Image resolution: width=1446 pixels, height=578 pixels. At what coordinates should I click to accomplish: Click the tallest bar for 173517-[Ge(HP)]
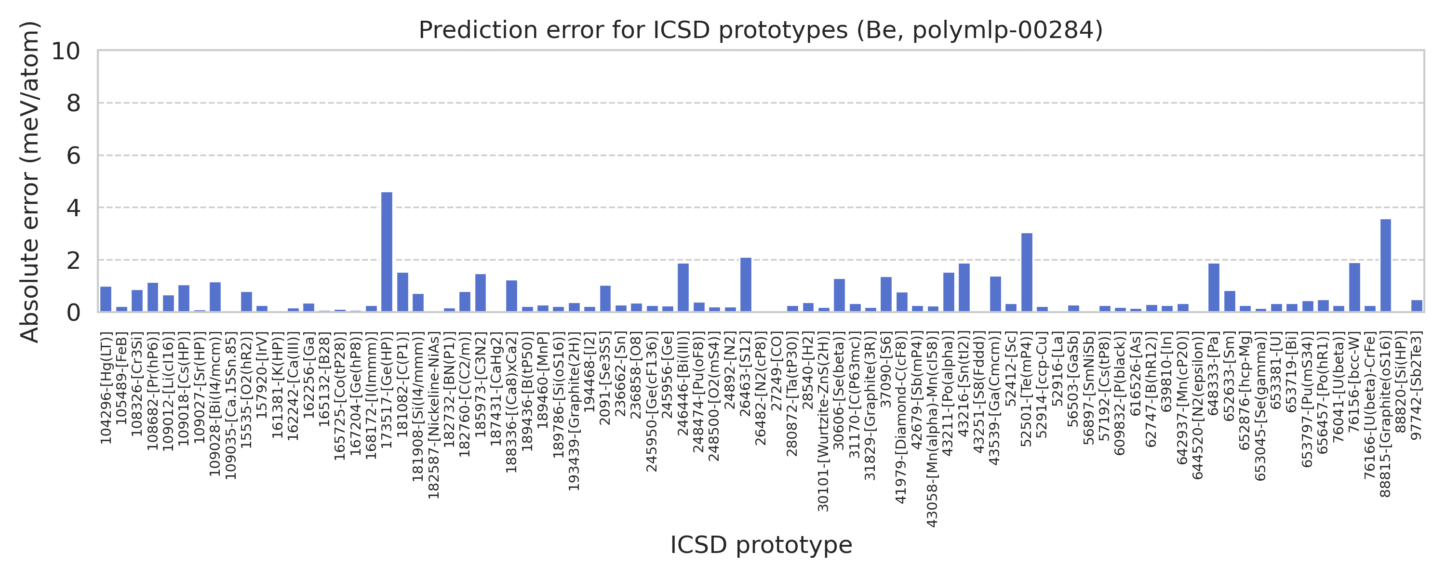387,252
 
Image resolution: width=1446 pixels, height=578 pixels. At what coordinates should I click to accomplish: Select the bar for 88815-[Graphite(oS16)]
1385,265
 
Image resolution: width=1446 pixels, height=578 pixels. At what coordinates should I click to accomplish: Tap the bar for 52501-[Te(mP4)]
1027,272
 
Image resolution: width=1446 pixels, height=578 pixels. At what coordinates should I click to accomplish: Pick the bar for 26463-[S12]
746,285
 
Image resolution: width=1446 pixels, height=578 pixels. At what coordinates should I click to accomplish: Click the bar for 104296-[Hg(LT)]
106,299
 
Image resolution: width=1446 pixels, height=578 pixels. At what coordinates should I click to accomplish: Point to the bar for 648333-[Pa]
1214,288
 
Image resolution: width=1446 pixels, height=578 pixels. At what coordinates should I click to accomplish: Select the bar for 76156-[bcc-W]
1354,288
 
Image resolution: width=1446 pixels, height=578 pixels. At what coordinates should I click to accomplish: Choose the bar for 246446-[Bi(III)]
683,288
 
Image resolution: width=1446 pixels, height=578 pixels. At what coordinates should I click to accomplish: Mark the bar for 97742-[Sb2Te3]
1417,306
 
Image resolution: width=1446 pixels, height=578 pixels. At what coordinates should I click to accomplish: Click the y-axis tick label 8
74,103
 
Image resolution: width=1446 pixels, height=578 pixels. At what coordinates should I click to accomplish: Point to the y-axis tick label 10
66,51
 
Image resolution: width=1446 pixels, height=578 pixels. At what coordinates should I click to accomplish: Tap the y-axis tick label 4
74,208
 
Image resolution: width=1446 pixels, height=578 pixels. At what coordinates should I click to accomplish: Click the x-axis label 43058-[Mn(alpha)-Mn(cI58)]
932,429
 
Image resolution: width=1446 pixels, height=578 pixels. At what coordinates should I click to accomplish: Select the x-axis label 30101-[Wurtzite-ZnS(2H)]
823,421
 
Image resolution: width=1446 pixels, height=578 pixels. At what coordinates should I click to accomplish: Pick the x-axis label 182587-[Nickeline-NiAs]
433,416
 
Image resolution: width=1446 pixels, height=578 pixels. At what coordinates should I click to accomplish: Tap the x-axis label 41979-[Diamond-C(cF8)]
901,418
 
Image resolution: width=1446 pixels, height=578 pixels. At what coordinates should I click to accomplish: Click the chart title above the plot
761,30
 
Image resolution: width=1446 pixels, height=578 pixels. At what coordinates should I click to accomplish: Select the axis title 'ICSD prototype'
761,545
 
